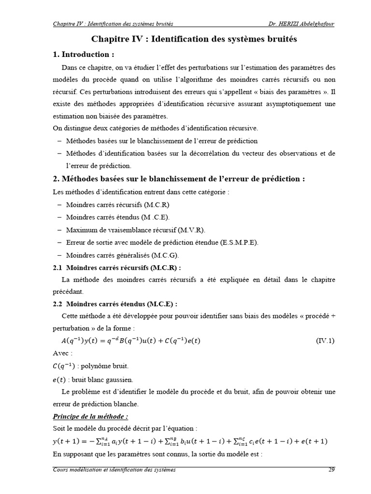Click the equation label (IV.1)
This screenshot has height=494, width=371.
(325, 341)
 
